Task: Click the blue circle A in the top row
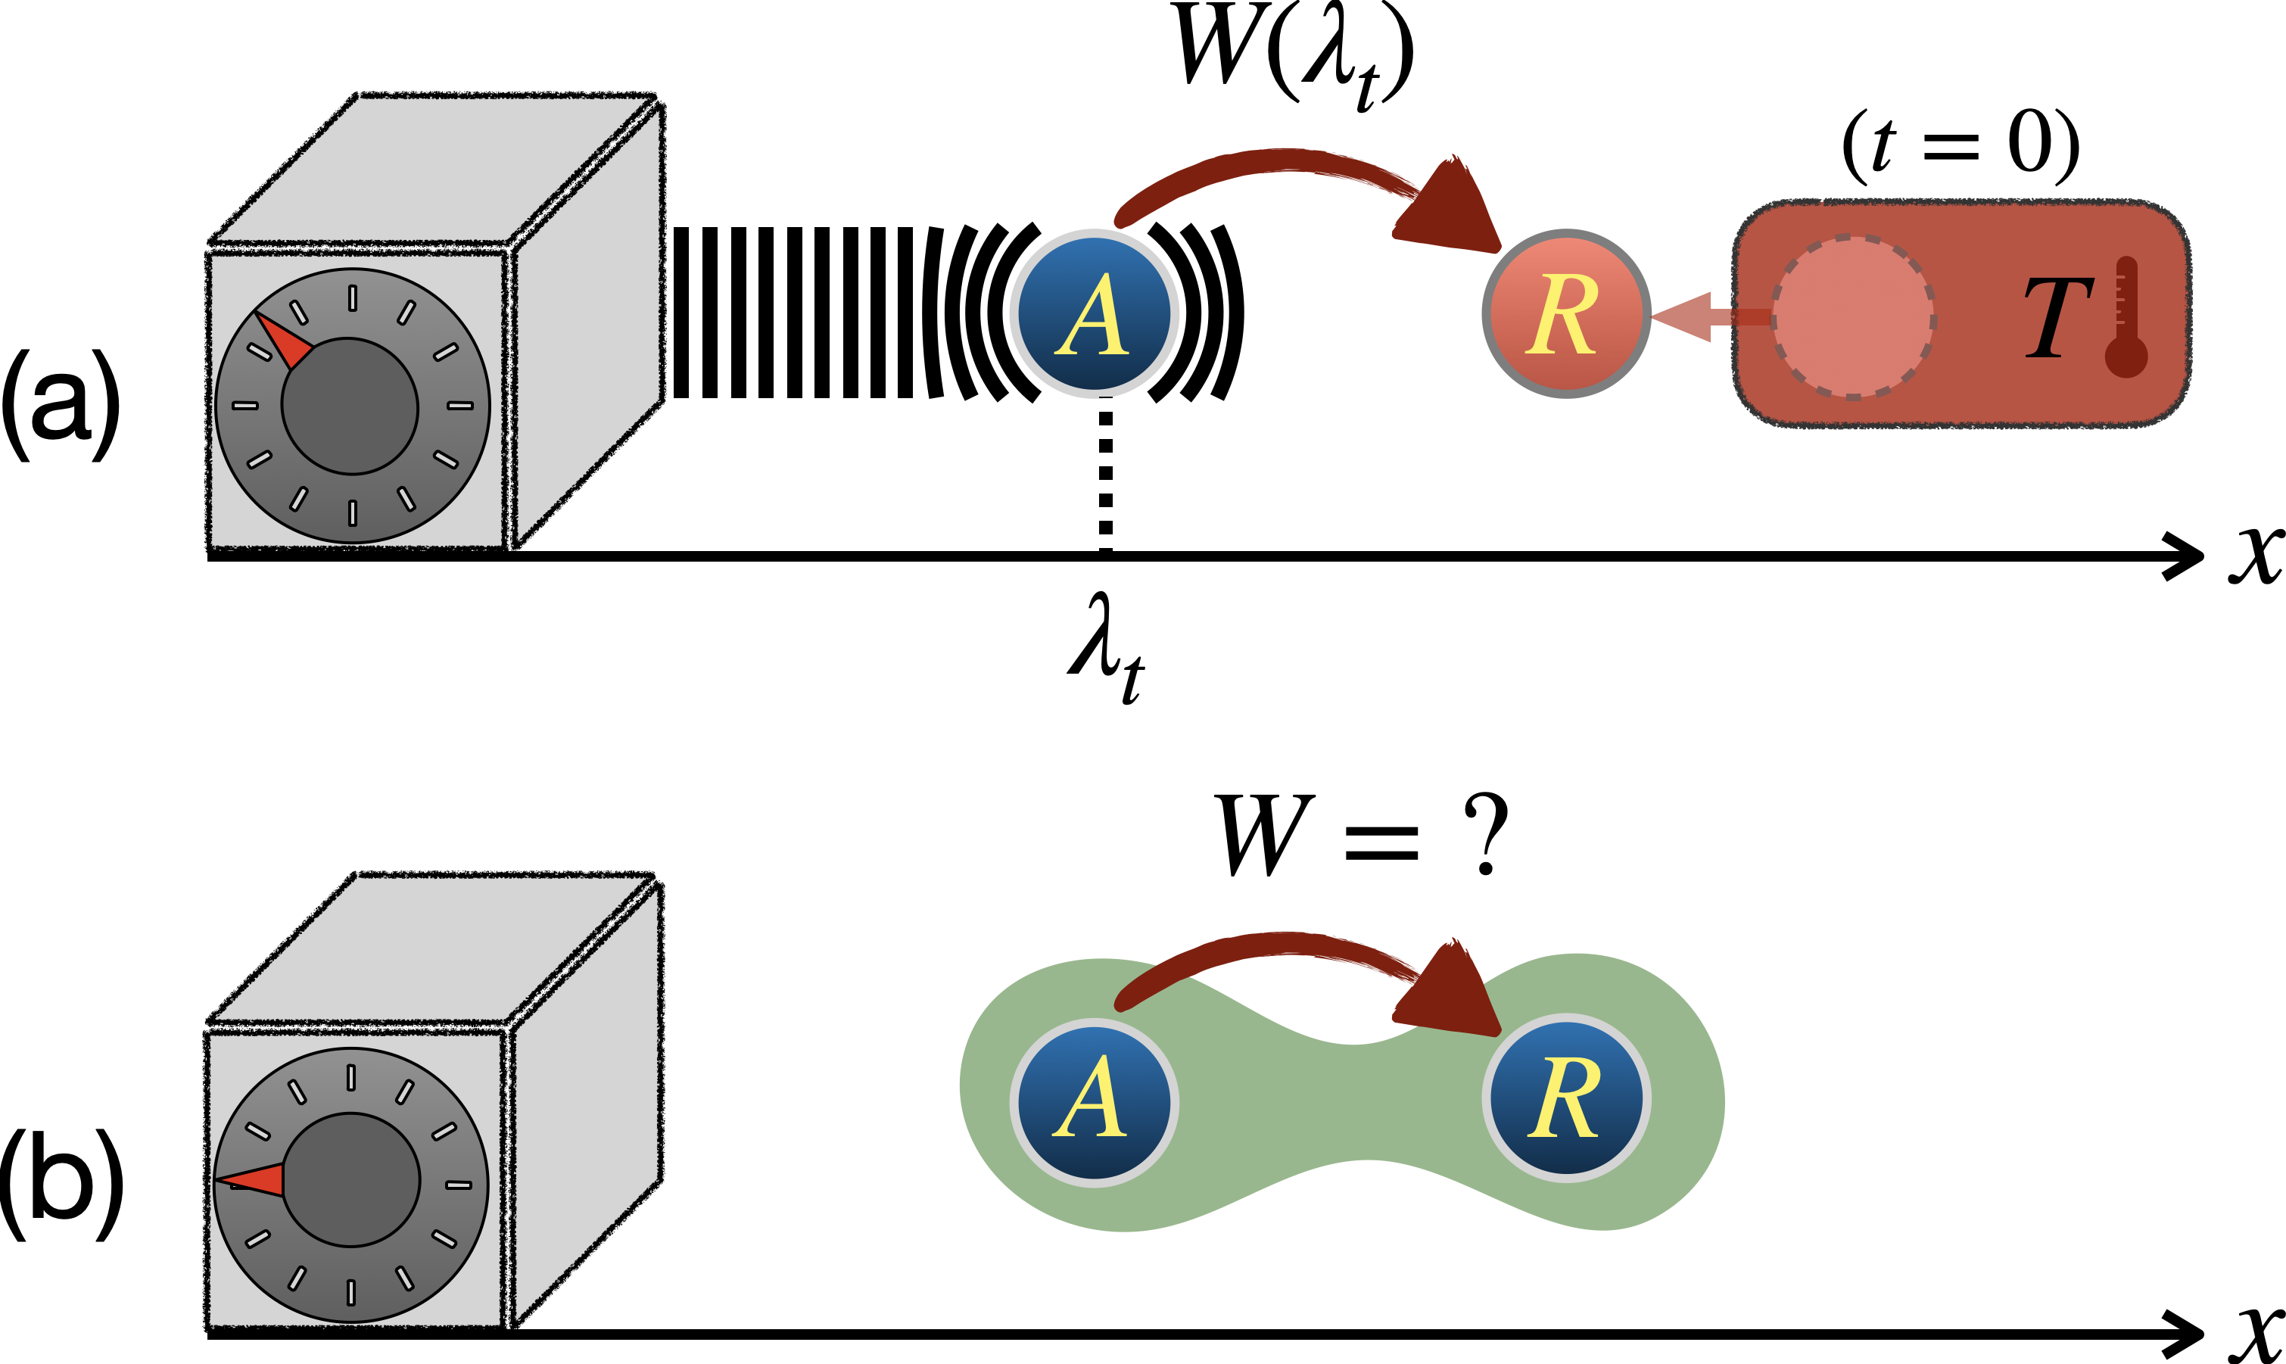[x=1094, y=313]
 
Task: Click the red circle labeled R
[x=1565, y=313]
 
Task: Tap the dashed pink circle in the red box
[x=1852, y=318]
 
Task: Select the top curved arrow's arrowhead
[x=1453, y=210]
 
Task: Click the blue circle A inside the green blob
[x=1094, y=1101]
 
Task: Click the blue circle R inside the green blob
[x=1565, y=1098]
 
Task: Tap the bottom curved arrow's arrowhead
[x=1453, y=992]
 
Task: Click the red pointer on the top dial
[x=284, y=339]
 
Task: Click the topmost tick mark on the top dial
[x=352, y=297]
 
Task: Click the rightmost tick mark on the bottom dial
[x=459, y=1185]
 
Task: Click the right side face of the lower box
[x=587, y=1103]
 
